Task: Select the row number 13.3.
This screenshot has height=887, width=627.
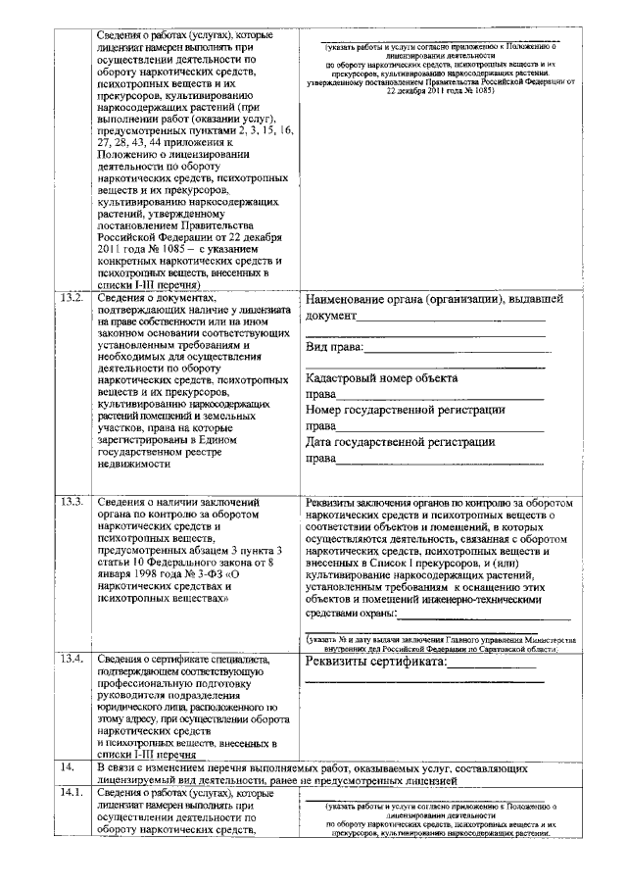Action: coord(72,503)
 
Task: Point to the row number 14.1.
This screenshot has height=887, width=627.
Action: coord(72,793)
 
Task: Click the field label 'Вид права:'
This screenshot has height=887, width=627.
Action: coord(334,348)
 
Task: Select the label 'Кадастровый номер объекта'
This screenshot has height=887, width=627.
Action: coord(381,378)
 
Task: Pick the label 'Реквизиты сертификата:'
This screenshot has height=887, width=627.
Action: coord(374,662)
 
